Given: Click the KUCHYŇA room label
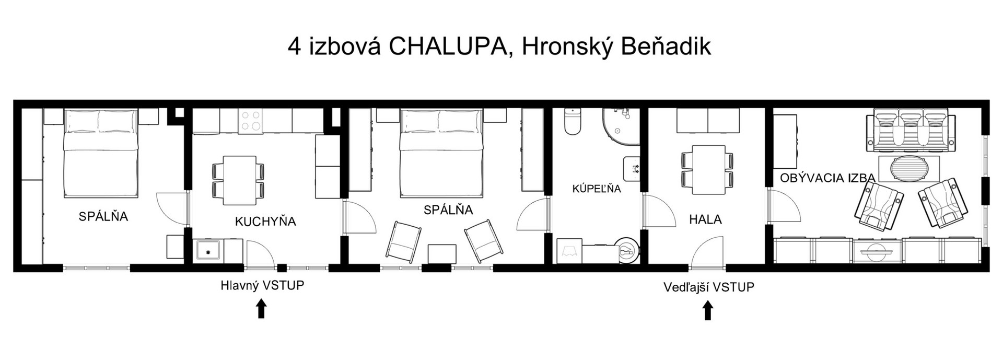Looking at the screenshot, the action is coord(265,222).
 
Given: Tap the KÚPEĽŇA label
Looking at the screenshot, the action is coord(597,189).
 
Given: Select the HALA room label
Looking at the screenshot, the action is coord(705,219).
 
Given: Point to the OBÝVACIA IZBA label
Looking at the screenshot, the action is coord(827,178).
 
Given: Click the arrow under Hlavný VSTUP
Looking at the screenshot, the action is coord(261,308).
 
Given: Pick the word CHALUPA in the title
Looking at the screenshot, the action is coord(448,47).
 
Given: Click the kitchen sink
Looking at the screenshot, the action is coord(209,251).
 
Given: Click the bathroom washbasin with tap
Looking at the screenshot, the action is coord(632,169).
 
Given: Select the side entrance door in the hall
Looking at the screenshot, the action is coord(708,252).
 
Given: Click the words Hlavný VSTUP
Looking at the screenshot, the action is coord(262,286).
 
